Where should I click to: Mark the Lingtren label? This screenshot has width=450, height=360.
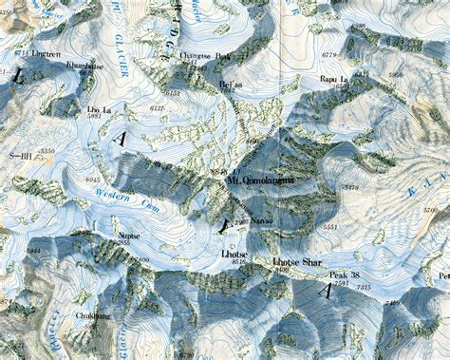(x=47, y=54)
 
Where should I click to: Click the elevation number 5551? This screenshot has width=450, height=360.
(x=330, y=228)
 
